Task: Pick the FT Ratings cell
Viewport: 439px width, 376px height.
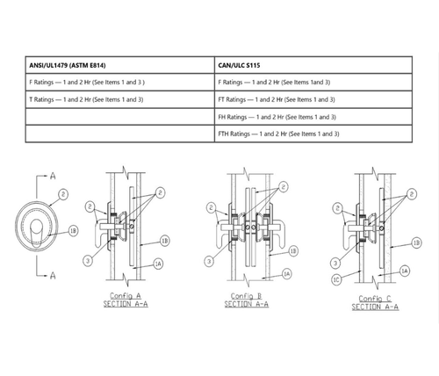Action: (277, 99)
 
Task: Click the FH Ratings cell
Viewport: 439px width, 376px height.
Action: (277, 117)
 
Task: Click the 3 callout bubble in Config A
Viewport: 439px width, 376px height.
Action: (86, 261)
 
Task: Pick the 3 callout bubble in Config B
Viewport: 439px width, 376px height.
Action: (207, 261)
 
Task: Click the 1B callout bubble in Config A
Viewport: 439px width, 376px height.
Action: (163, 239)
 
